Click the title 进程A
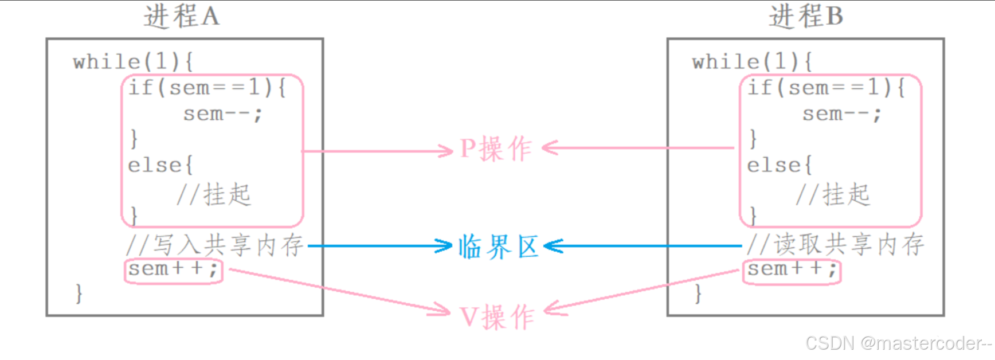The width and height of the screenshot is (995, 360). pyautogui.click(x=181, y=16)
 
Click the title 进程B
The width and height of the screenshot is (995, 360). pyautogui.click(x=805, y=16)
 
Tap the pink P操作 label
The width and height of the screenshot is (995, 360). pyautogui.click(x=496, y=150)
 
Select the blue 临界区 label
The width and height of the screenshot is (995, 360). pyautogui.click(x=498, y=247)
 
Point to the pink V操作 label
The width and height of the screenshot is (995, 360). pyautogui.click(x=497, y=317)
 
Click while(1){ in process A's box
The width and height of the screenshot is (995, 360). pyautogui.click(x=134, y=61)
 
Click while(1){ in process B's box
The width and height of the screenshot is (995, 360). pyautogui.click(x=752, y=61)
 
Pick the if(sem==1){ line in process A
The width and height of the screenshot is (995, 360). pyautogui.click(x=207, y=88)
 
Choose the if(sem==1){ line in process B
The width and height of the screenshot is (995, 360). pyautogui.click(x=826, y=88)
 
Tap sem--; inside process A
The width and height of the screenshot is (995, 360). pyautogui.click(x=222, y=114)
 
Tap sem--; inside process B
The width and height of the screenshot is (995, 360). pyautogui.click(x=841, y=114)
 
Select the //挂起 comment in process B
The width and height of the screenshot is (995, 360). pyautogui.click(x=833, y=195)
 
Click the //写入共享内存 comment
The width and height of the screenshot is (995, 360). pyautogui.click(x=215, y=245)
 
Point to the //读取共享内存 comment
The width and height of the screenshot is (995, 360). pyautogui.click(x=836, y=245)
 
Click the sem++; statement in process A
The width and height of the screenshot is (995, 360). pyautogui.click(x=173, y=269)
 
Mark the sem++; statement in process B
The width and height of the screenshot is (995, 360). pyautogui.click(x=792, y=269)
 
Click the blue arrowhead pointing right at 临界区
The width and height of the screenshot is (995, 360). pyautogui.click(x=445, y=246)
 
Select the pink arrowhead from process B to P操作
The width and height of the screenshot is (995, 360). pyautogui.click(x=549, y=148)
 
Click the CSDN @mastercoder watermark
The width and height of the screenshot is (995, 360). pyautogui.click(x=898, y=343)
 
